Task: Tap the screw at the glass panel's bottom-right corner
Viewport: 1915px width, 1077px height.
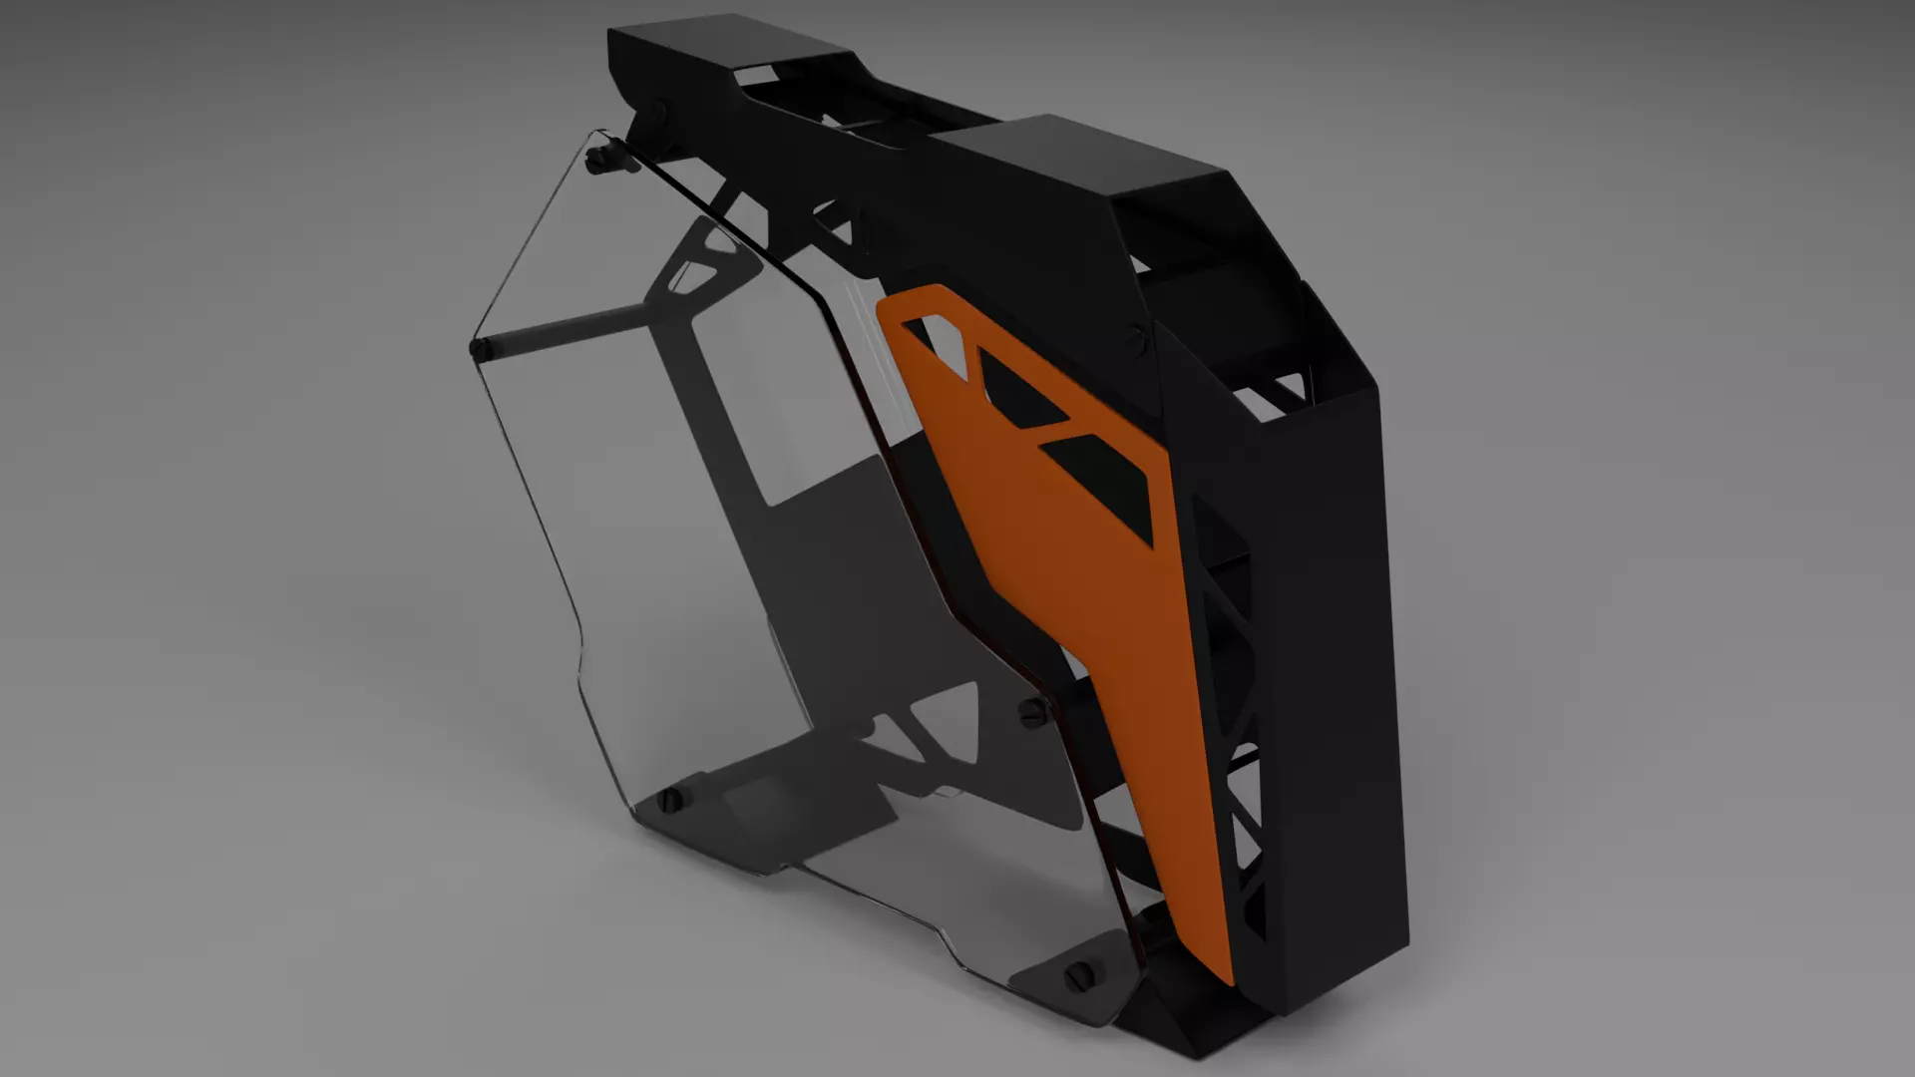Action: pyautogui.click(x=1081, y=974)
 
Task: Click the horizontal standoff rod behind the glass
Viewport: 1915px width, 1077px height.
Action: pyautogui.click(x=569, y=329)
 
